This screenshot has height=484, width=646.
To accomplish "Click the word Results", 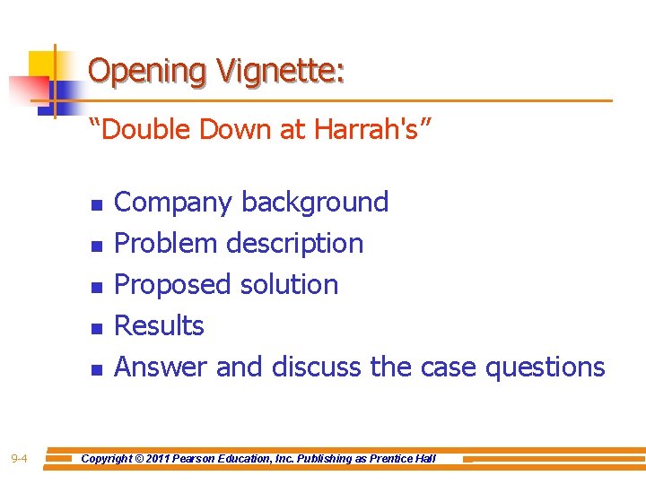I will [x=160, y=325].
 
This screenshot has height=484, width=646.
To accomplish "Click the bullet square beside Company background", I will [x=96, y=204].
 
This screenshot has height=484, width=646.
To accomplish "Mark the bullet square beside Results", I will [x=96, y=327].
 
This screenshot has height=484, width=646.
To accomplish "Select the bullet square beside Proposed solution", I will [x=96, y=286].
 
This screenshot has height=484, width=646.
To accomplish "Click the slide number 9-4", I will [x=19, y=460].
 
